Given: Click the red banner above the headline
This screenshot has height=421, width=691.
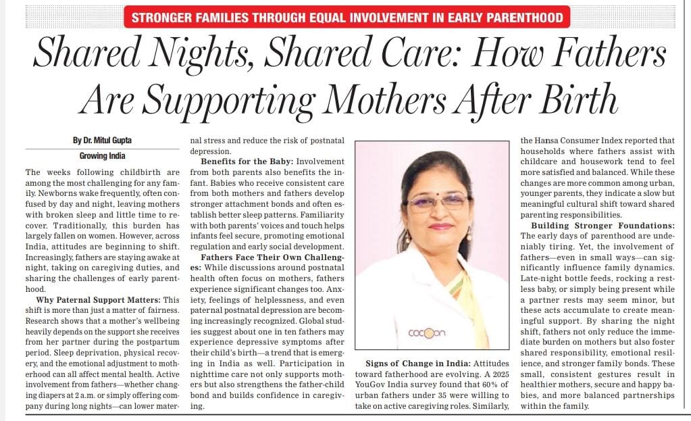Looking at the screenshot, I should click(x=347, y=17).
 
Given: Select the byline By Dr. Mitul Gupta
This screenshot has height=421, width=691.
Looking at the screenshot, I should click(x=102, y=141).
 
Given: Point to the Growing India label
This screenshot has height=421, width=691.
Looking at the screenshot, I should click(x=102, y=156).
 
